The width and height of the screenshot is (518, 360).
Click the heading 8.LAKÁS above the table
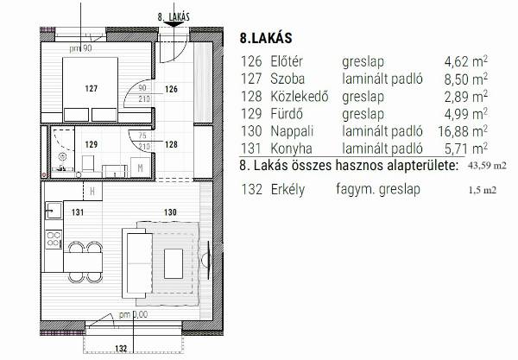pos(266,38)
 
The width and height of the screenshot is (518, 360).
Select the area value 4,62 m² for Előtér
pos(466,61)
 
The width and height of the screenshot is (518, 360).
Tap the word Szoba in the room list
pos(287,79)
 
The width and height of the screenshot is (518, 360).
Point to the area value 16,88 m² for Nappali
pos(463,131)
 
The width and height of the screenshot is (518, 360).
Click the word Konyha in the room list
pos(291,148)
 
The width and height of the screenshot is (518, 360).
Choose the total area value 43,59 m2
pos(487,166)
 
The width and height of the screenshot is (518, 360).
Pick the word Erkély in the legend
pos(287,190)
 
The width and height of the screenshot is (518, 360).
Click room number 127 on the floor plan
pos(92,89)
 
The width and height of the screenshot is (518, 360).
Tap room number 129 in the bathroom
pos(92,145)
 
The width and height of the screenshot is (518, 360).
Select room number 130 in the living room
pos(170,212)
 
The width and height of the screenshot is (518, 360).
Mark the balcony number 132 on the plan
pos(121,349)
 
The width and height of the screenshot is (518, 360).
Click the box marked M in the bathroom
pos(140,167)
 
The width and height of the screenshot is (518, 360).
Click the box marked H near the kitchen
pos(92,191)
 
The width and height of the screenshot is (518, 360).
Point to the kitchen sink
pos(54,211)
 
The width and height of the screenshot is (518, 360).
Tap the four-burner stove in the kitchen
pos(54,239)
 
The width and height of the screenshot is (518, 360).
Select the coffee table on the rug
pos(174,263)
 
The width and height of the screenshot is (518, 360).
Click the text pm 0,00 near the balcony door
pos(133,314)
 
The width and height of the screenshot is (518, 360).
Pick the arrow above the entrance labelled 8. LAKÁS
pos(174,24)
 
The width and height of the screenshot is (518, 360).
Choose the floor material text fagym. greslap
pos(378,190)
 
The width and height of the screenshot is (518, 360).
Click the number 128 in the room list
pos(251,97)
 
